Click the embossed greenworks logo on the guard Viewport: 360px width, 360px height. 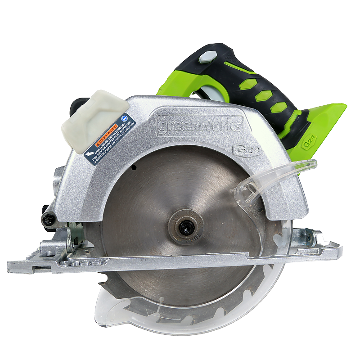click(200, 125)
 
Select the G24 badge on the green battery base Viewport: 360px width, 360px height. click(309, 142)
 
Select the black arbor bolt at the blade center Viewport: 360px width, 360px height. click(184, 227)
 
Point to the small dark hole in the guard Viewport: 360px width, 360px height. click(134, 167)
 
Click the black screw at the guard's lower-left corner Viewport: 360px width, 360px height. click(49, 219)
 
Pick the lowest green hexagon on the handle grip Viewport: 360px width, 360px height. click(280, 107)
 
